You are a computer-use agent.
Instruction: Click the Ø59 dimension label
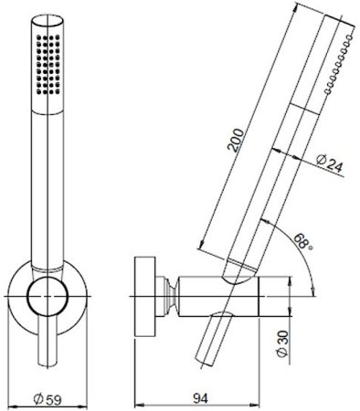[x=48, y=399]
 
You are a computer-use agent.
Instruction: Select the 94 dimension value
[x=200, y=398]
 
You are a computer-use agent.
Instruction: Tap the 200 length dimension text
[x=237, y=140]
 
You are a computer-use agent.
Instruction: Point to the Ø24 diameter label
[x=330, y=164]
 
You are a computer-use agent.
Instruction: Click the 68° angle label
[x=303, y=241]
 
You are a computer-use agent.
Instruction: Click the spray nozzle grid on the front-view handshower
[x=48, y=65]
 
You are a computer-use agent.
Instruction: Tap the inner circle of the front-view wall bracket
[x=48, y=296]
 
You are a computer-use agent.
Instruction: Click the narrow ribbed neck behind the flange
[x=170, y=296]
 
